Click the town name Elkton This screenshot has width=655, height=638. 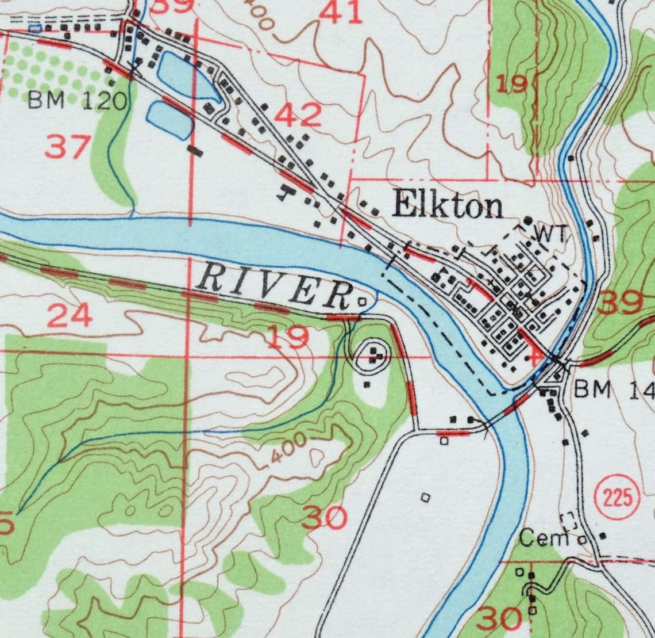(447, 205)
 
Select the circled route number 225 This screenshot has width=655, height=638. (618, 496)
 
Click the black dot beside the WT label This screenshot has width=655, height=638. (528, 220)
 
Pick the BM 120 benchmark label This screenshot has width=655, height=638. (77, 102)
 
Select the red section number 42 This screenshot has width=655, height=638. (297, 115)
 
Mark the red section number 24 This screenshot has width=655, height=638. (69, 315)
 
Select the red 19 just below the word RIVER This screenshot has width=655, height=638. (287, 338)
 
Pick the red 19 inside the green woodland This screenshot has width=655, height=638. (511, 84)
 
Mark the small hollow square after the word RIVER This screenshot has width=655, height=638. (362, 301)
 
